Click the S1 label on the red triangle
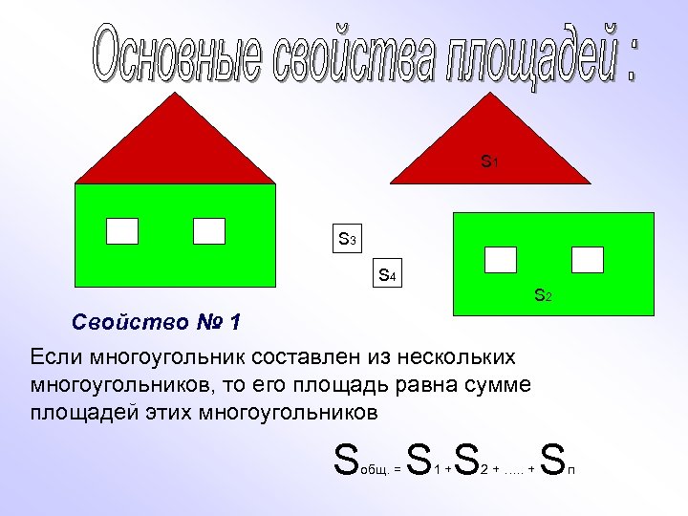click(488, 162)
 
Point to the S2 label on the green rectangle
click(542, 296)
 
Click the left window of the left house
click(121, 231)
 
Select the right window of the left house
click(208, 231)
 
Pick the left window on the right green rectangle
click(501, 260)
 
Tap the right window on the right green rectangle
click(587, 260)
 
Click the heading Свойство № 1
click(157, 322)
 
